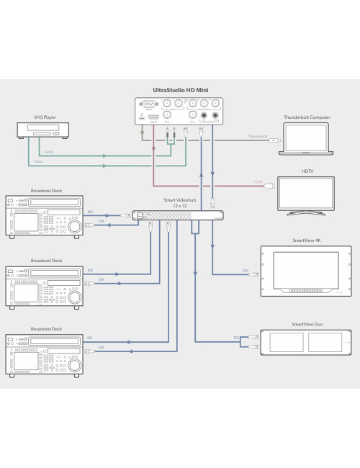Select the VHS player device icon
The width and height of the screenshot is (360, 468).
tap(44, 130)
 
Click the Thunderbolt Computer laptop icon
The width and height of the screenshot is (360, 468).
tap(305, 140)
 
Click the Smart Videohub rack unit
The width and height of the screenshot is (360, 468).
tap(177, 215)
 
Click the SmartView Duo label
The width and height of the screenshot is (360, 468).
tap(307, 325)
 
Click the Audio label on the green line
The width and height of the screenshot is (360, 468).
tap(48, 152)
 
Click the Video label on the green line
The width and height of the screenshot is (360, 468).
tap(48, 162)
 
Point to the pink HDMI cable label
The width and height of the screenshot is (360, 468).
tap(257, 181)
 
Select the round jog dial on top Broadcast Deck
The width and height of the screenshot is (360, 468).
tap(75, 225)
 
